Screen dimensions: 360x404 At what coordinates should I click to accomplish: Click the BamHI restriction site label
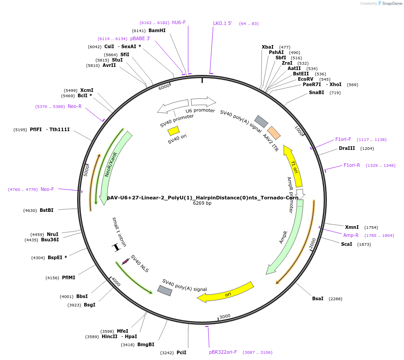point(157,31)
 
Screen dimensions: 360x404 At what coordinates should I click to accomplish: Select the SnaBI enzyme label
point(317,93)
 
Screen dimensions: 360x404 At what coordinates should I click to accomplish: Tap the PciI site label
point(181,352)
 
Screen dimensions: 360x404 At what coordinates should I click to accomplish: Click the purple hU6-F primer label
point(179,23)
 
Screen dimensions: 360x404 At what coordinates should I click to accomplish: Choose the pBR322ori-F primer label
point(223,352)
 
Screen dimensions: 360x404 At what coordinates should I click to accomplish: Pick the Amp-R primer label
point(351,235)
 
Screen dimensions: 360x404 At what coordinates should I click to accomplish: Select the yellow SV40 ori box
point(173,131)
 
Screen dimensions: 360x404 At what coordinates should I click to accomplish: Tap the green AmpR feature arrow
point(285,236)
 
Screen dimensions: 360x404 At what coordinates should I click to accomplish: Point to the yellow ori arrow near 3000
point(227,293)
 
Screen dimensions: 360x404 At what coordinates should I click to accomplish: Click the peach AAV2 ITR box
point(274,132)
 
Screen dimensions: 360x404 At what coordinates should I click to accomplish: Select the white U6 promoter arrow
point(203,102)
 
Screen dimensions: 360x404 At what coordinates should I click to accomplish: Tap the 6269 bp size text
point(202,203)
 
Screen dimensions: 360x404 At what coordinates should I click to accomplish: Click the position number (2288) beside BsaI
point(335,299)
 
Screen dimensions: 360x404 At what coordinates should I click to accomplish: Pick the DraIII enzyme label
point(347,149)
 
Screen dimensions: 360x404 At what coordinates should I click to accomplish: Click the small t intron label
point(119,232)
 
